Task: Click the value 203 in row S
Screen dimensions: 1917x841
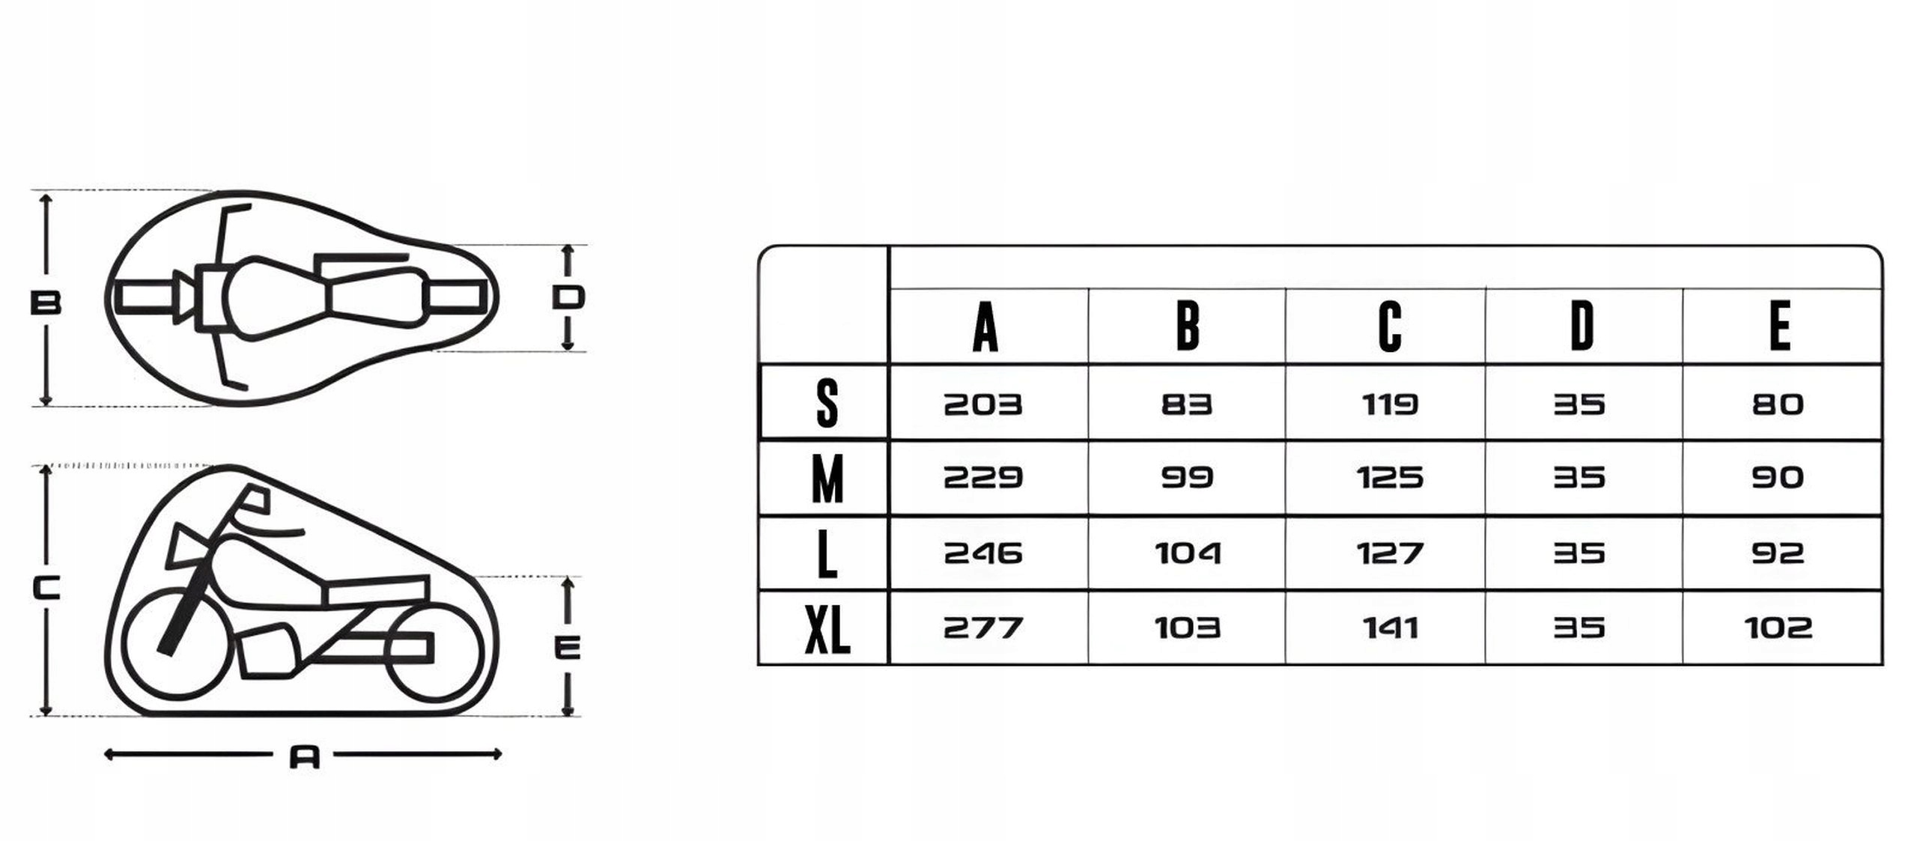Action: tap(982, 405)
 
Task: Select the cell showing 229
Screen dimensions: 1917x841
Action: tap(982, 478)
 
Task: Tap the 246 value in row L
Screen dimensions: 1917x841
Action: tap(982, 553)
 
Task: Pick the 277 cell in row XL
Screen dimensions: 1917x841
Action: tap(982, 628)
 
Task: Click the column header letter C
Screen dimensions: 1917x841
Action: tap(1390, 327)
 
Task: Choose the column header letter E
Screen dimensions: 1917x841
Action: tap(1779, 327)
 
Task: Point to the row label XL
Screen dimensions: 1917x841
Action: tap(827, 629)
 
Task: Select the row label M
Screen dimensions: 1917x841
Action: tap(827, 479)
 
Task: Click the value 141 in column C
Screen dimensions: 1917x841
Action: tap(1390, 628)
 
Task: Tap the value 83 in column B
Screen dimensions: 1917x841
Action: tap(1186, 405)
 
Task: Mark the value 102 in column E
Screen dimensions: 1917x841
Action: tap(1778, 628)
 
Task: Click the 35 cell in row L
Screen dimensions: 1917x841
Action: tap(1579, 553)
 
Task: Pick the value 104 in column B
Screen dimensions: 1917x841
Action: tap(1188, 553)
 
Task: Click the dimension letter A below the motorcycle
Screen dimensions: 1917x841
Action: tap(305, 757)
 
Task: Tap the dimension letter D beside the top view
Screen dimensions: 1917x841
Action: tap(568, 297)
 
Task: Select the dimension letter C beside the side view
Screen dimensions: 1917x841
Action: tap(46, 588)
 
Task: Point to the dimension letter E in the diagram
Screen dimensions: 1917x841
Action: tap(567, 647)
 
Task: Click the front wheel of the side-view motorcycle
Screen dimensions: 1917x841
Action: tap(174, 646)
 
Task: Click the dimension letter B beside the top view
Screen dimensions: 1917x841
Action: tap(45, 303)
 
